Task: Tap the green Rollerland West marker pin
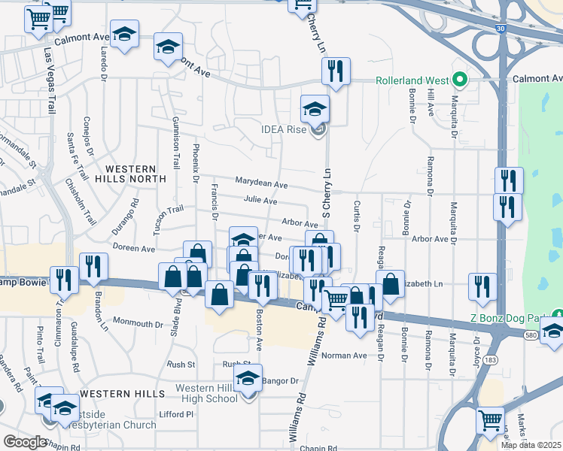pyautogui.click(x=457, y=79)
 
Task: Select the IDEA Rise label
pyautogui.click(x=282, y=129)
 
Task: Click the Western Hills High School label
pyautogui.click(x=206, y=393)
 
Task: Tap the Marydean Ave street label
pyautogui.click(x=261, y=183)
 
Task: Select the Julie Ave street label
pyautogui.click(x=260, y=201)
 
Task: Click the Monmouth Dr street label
pyautogui.click(x=138, y=324)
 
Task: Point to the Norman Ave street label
pyautogui.click(x=344, y=356)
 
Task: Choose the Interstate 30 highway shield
pyautogui.click(x=501, y=29)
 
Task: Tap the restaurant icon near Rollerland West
pyautogui.click(x=336, y=71)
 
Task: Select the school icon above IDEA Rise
pyautogui.click(x=315, y=109)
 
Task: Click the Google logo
pyautogui.click(x=25, y=441)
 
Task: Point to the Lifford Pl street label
pyautogui.click(x=177, y=414)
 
